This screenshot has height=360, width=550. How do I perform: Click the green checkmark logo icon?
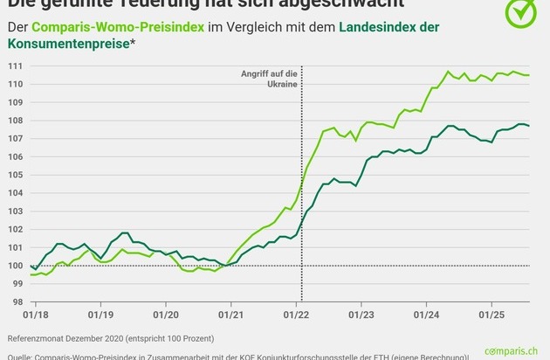click(523, 11)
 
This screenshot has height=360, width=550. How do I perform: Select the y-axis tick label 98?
click(16, 302)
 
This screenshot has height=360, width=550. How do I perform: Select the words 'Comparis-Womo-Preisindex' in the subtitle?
click(117, 27)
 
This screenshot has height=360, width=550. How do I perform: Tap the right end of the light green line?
click(529, 75)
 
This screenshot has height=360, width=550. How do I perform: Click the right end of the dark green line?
click(529, 127)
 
